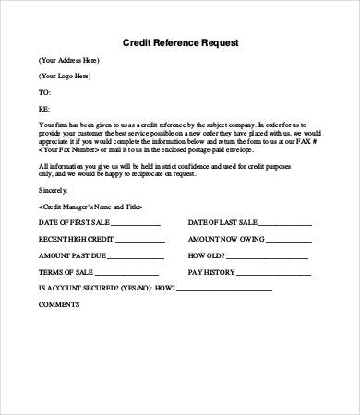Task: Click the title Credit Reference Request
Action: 179,41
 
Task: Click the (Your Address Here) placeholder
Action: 69,60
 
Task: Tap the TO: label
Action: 44,93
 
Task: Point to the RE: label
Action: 44,109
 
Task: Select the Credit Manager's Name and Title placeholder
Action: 90,207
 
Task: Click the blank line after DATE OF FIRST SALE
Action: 137,224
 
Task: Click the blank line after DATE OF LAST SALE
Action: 284,224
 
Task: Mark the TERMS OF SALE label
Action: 66,273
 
